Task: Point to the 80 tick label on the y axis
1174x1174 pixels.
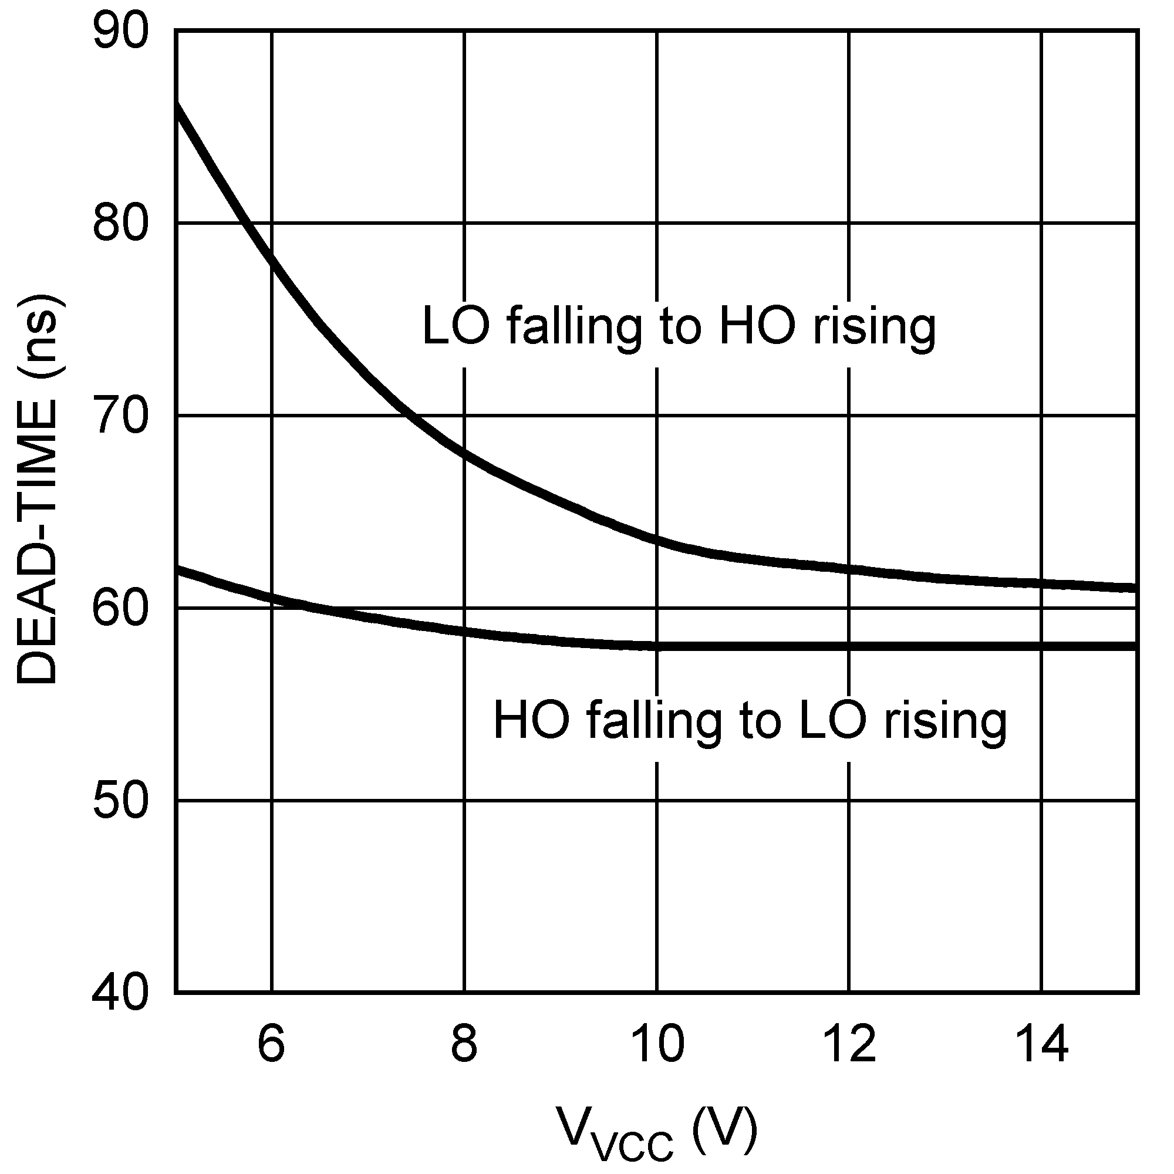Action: point(120,224)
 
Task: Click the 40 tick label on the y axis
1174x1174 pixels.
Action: point(120,994)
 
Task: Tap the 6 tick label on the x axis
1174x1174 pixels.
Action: point(271,1043)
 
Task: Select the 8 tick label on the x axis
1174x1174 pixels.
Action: point(464,1043)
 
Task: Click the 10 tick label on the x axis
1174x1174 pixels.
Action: point(657,1043)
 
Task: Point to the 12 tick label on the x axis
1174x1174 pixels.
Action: point(849,1043)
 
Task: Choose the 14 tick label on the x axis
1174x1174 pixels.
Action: point(1041,1043)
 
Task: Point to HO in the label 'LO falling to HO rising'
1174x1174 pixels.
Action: point(757,327)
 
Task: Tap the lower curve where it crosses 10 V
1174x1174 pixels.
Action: point(657,646)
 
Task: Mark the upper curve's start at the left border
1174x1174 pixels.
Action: point(177,106)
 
